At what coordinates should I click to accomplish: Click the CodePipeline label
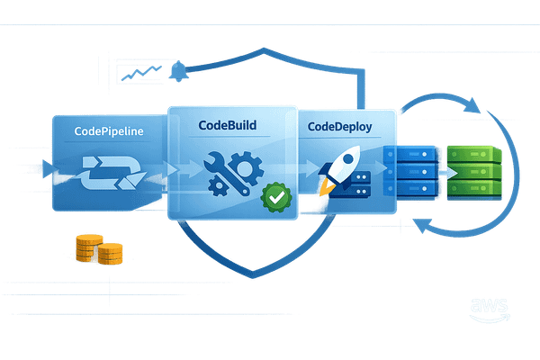point(110,131)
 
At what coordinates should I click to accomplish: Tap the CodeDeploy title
point(340,126)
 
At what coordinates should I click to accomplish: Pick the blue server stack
point(409,172)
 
